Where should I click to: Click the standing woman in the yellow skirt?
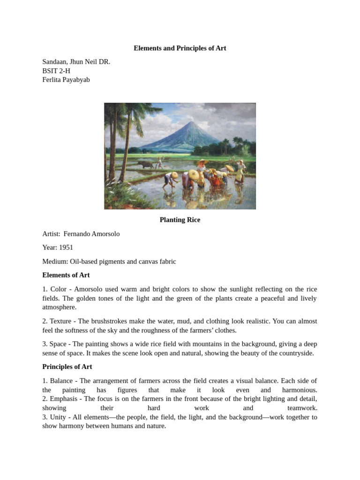pyautogui.click(x=240, y=172)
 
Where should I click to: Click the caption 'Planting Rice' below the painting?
pyautogui.click(x=180, y=220)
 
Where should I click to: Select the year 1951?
pyautogui.click(x=66, y=247)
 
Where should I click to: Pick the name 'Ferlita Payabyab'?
pyautogui.click(x=66, y=80)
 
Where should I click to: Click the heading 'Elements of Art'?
pyautogui.click(x=66, y=275)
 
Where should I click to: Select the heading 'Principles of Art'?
pyautogui.click(x=67, y=367)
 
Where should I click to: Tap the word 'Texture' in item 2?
pyautogui.click(x=61, y=321)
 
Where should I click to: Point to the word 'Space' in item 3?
pyautogui.click(x=59, y=344)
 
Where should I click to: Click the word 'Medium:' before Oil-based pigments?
pyautogui.click(x=55, y=262)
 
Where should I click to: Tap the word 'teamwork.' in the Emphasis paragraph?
pyautogui.click(x=302, y=408)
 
